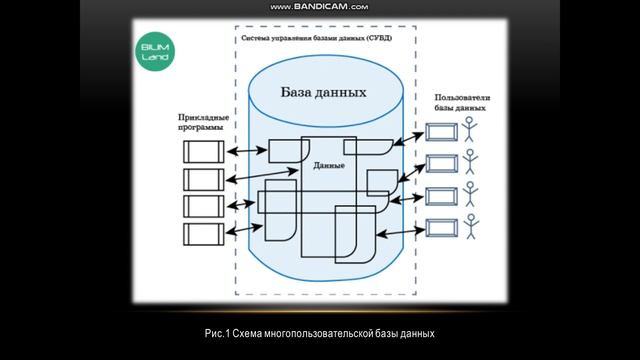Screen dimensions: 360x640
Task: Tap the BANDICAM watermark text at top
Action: (x=319, y=7)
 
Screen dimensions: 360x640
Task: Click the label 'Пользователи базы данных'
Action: (x=463, y=103)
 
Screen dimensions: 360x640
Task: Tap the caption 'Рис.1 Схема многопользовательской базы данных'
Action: (x=319, y=332)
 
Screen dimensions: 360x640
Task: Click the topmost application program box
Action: (x=202, y=151)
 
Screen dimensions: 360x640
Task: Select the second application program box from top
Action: (x=202, y=179)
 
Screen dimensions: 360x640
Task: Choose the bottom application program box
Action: (x=202, y=234)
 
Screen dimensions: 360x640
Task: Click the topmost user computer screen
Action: (x=441, y=132)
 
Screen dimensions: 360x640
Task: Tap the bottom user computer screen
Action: (x=441, y=224)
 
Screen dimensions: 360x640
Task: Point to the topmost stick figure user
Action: (x=471, y=132)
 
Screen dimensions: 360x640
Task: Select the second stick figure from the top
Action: (x=471, y=163)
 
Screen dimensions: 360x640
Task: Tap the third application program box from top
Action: (x=202, y=206)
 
